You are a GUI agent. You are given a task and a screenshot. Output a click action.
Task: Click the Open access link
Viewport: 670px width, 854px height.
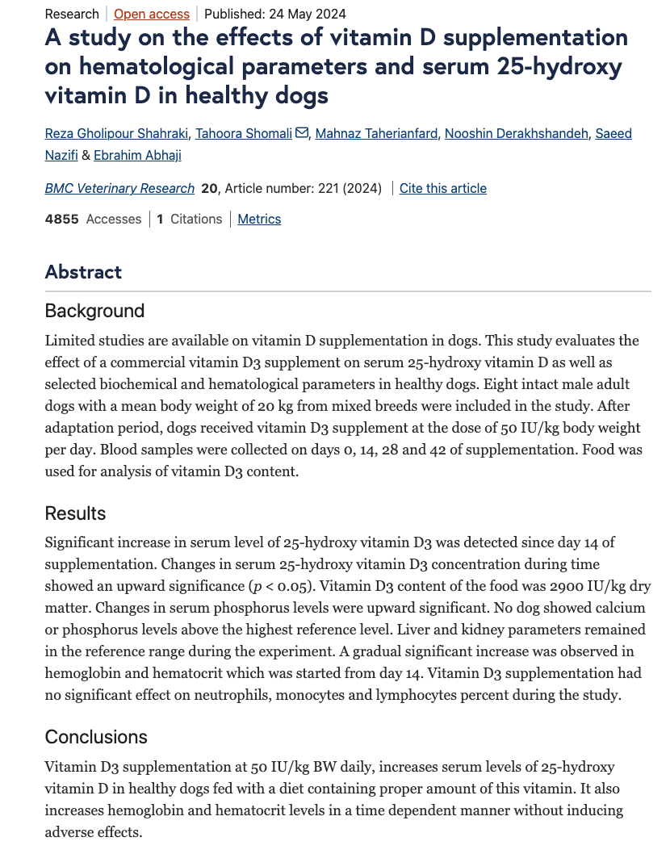152,14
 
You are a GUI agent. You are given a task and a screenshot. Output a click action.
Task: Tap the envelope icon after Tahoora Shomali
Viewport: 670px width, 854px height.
302,133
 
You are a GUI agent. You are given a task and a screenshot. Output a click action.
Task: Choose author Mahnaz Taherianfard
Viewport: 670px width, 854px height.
377,133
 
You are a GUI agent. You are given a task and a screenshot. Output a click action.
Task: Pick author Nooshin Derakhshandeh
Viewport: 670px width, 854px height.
517,133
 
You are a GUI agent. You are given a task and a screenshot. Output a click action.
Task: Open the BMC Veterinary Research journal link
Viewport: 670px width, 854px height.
119,188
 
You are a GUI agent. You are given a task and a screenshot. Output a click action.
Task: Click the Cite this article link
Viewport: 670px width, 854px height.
443,188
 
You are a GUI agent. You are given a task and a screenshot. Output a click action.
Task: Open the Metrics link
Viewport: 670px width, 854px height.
259,219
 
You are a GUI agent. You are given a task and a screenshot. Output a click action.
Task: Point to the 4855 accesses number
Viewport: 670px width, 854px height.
62,219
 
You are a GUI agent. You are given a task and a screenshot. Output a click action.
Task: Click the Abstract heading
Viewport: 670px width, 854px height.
83,271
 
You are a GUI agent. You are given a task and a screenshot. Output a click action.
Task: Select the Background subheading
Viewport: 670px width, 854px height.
94,311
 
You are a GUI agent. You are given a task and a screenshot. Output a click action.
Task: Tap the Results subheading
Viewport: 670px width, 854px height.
75,513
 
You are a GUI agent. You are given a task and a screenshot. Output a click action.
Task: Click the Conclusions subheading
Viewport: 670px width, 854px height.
96,737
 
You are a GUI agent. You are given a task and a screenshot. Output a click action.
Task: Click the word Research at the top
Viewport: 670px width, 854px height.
72,14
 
